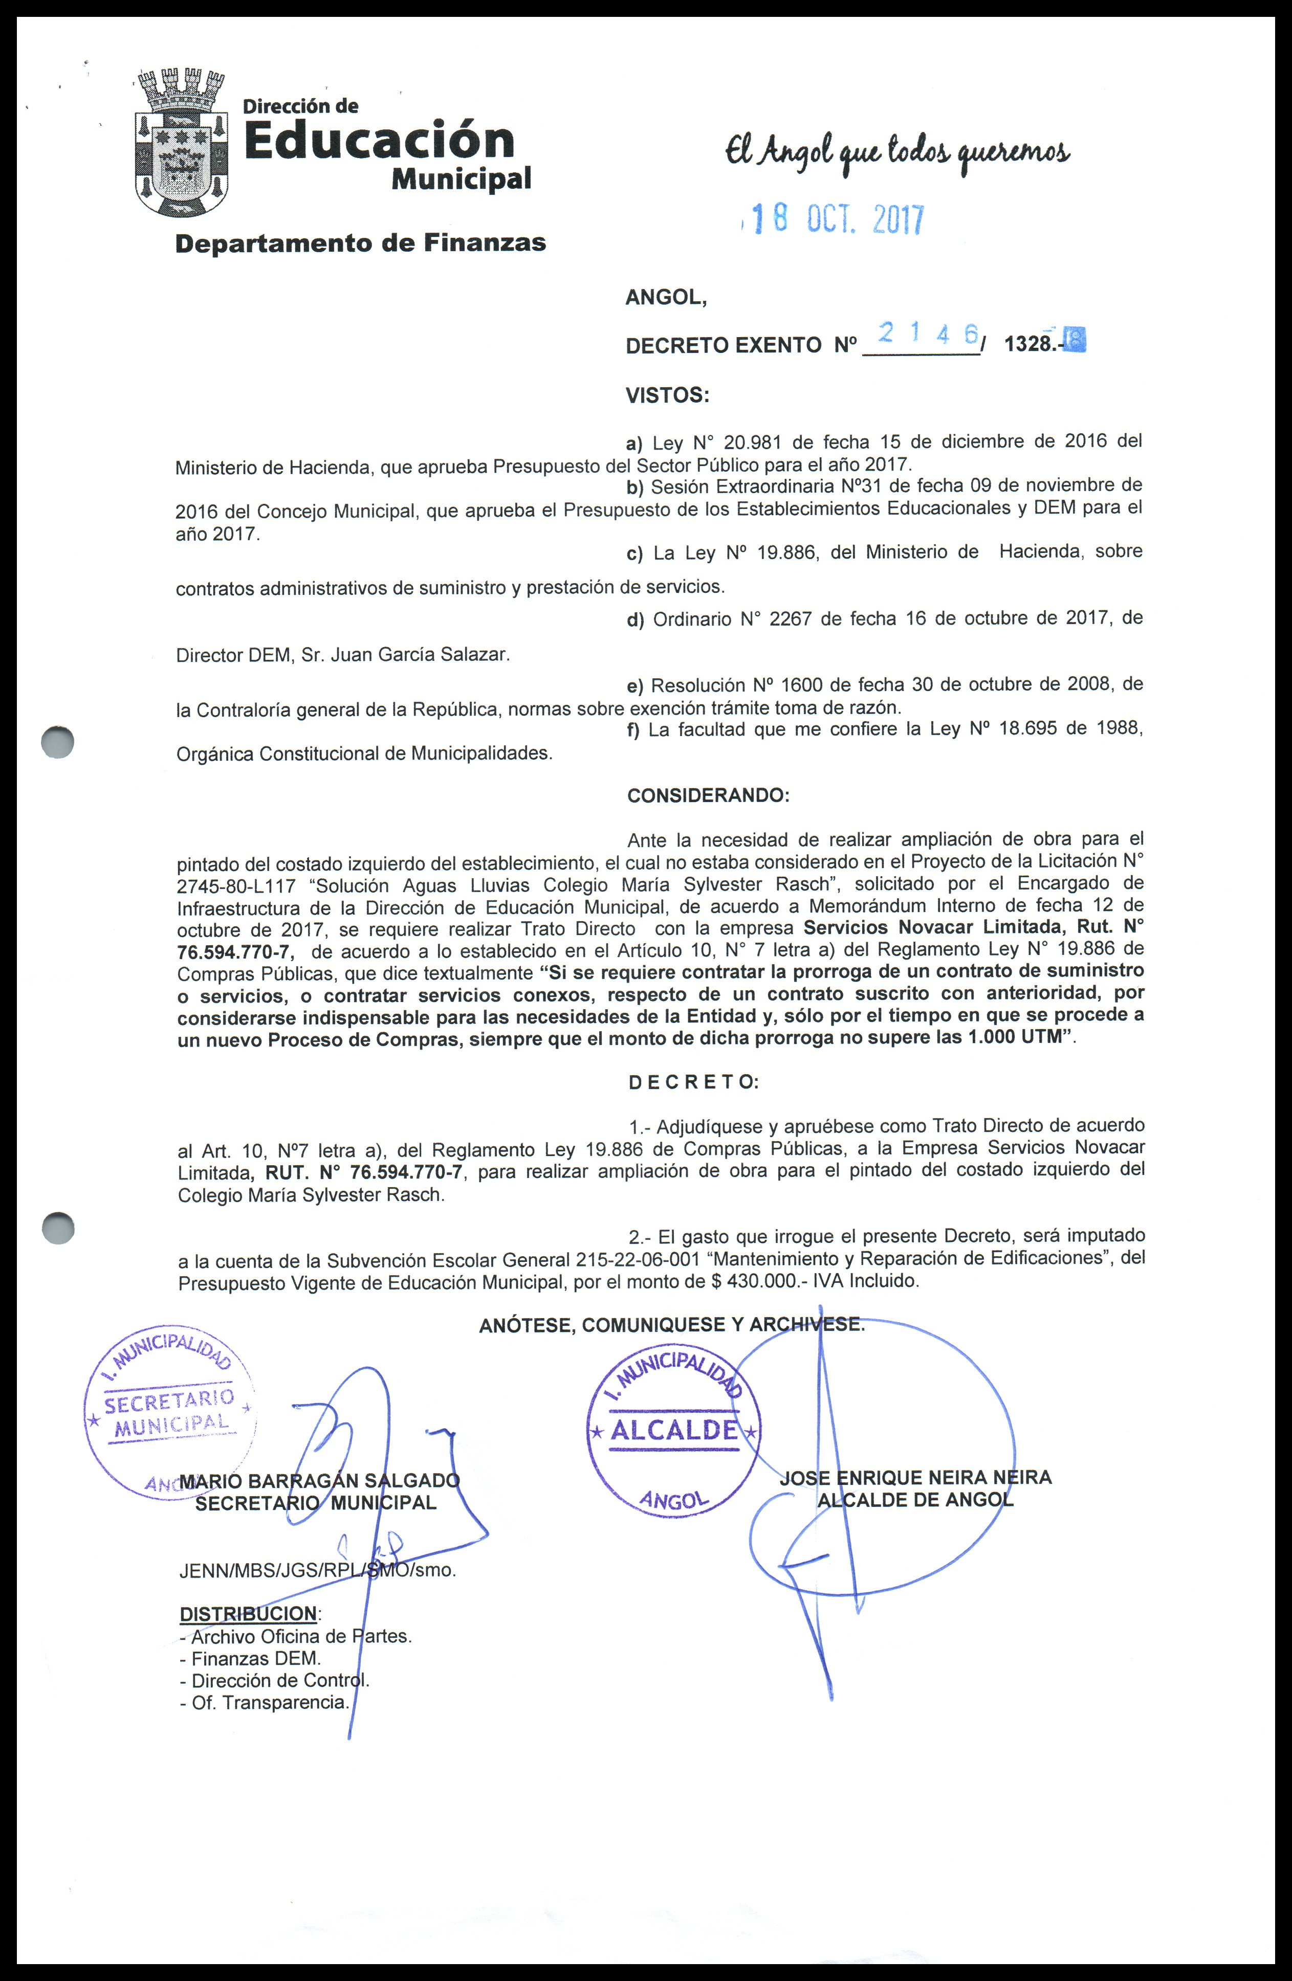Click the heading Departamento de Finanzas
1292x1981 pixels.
(360, 243)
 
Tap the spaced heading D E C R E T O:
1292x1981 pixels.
(693, 1082)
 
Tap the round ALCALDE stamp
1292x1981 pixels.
(673, 1434)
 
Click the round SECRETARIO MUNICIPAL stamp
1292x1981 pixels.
(169, 1412)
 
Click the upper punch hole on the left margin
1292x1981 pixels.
(57, 743)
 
